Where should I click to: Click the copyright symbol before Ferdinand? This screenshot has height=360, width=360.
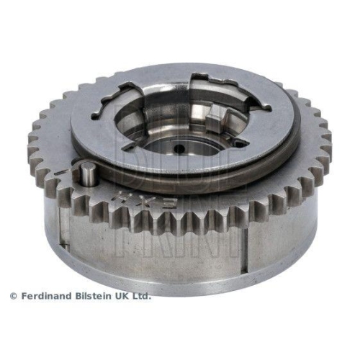click(x=13, y=296)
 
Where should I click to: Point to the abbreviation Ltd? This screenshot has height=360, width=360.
click(x=142, y=296)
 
